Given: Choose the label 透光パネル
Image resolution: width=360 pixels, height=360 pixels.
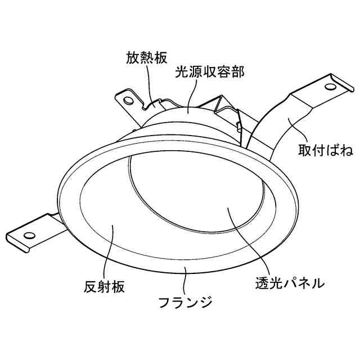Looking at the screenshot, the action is coord(286,283).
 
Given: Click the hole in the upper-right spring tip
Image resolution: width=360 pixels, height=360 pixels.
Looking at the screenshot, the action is coord(330,87).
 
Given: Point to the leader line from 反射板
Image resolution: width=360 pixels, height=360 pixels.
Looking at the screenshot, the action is coord(112,253).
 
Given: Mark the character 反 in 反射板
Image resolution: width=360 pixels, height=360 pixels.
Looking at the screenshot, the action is coord(85,287).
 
